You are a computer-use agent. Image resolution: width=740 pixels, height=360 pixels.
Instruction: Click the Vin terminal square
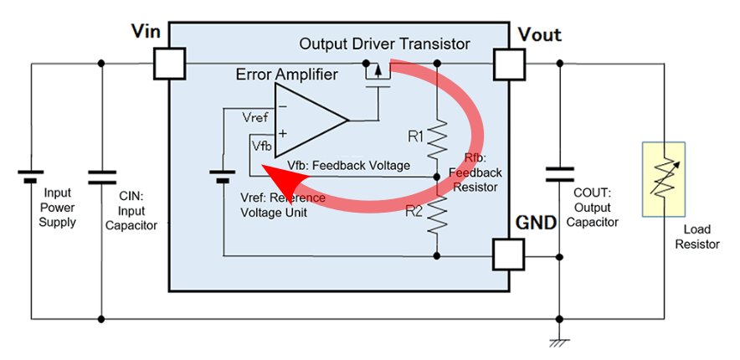170,63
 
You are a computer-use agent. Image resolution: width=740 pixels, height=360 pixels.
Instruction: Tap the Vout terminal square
508,63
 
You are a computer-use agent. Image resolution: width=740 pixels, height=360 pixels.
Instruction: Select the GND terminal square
508,254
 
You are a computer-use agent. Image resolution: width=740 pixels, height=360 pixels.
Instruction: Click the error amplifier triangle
308,120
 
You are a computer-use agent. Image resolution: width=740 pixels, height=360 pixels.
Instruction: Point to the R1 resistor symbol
438,140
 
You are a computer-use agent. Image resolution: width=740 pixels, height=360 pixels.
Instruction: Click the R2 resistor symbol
438,215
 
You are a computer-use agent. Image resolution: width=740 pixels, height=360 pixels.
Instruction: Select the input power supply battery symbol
31,177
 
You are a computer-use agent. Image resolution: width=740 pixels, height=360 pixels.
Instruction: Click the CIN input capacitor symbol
102,177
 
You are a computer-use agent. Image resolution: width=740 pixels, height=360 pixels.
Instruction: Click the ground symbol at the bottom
559,342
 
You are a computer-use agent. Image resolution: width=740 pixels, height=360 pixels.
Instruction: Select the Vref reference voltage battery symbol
224,177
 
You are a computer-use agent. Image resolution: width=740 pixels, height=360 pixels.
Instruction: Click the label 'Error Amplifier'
287,75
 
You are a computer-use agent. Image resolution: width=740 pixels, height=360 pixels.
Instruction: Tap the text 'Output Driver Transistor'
384,44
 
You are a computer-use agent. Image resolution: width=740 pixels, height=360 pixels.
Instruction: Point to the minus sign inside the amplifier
283,106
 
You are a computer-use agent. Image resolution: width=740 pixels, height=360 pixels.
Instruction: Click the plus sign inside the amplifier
283,133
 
